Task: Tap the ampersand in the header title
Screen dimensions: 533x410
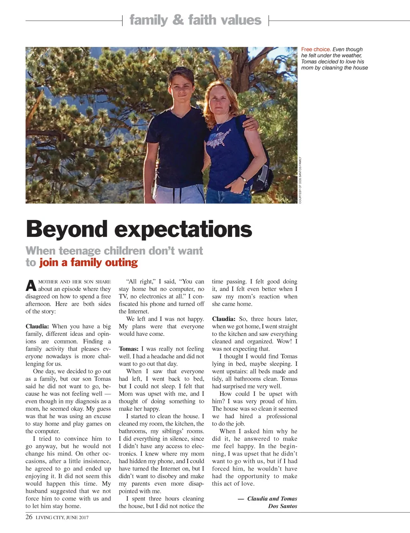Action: coord(178,20)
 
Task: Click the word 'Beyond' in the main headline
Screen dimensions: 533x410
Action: coord(67,229)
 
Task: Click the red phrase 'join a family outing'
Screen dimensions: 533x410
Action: coord(88,262)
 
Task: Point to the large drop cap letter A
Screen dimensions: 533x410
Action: coord(31,286)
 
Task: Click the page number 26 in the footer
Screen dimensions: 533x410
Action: coord(29,517)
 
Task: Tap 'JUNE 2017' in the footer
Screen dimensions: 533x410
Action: coord(77,517)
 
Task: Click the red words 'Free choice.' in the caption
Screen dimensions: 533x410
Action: coord(316,49)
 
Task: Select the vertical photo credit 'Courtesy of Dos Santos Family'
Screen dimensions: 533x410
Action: coord(300,180)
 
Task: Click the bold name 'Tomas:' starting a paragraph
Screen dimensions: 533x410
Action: coord(129,349)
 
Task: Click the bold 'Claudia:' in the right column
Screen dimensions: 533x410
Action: coord(224,319)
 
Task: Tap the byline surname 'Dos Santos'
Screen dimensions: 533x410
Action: coord(283,506)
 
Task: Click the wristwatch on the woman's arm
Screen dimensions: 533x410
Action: coord(243,179)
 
